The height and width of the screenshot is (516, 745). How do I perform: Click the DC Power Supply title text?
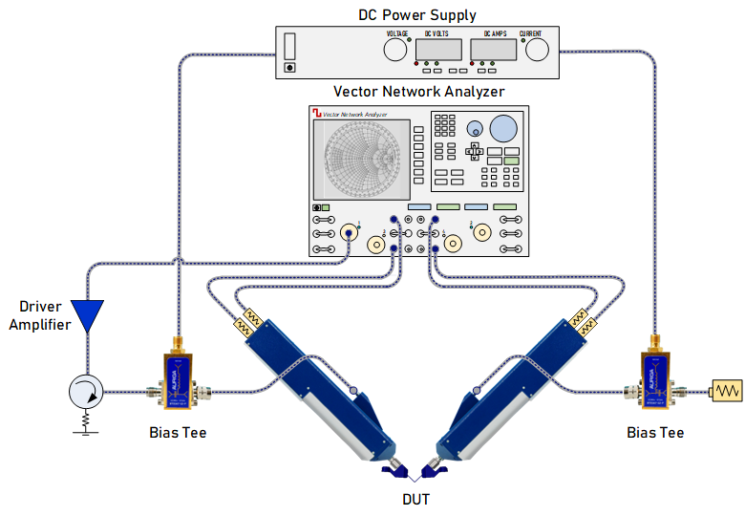point(417,14)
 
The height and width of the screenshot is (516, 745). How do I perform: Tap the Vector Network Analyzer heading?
point(418,93)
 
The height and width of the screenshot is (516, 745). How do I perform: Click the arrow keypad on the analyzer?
point(475,151)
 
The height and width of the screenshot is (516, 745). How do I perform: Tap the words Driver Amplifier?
point(41,316)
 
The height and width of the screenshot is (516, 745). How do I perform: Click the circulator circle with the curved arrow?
point(87,391)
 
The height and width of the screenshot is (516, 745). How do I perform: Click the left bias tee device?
point(178,383)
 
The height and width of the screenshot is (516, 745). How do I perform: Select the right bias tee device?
point(656,383)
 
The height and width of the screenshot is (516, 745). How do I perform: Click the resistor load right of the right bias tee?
point(726,390)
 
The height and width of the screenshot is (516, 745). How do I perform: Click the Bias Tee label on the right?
point(655,432)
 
